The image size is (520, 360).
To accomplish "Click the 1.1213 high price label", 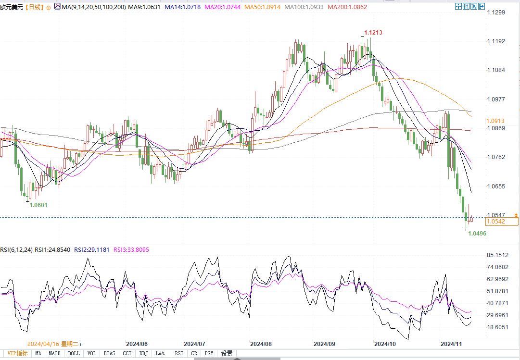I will click(x=373, y=33).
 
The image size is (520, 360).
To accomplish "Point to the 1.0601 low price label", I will click(x=38, y=205).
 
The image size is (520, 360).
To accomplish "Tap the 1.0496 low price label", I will click(x=477, y=234).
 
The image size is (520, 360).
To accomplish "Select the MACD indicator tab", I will click(x=54, y=354).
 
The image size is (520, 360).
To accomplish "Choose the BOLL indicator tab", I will click(x=74, y=354).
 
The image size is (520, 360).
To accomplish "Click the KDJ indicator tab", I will click(x=143, y=354).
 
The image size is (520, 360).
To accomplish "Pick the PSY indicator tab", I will click(x=209, y=354).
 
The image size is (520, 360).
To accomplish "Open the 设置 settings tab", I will click(x=227, y=354).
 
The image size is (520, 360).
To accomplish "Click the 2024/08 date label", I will click(x=261, y=344).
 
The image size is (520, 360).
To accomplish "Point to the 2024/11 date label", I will click(x=452, y=344).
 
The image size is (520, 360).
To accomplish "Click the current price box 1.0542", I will click(x=496, y=222).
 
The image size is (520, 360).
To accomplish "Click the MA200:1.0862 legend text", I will click(x=347, y=7).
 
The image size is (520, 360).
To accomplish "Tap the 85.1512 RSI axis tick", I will click(x=497, y=255).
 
